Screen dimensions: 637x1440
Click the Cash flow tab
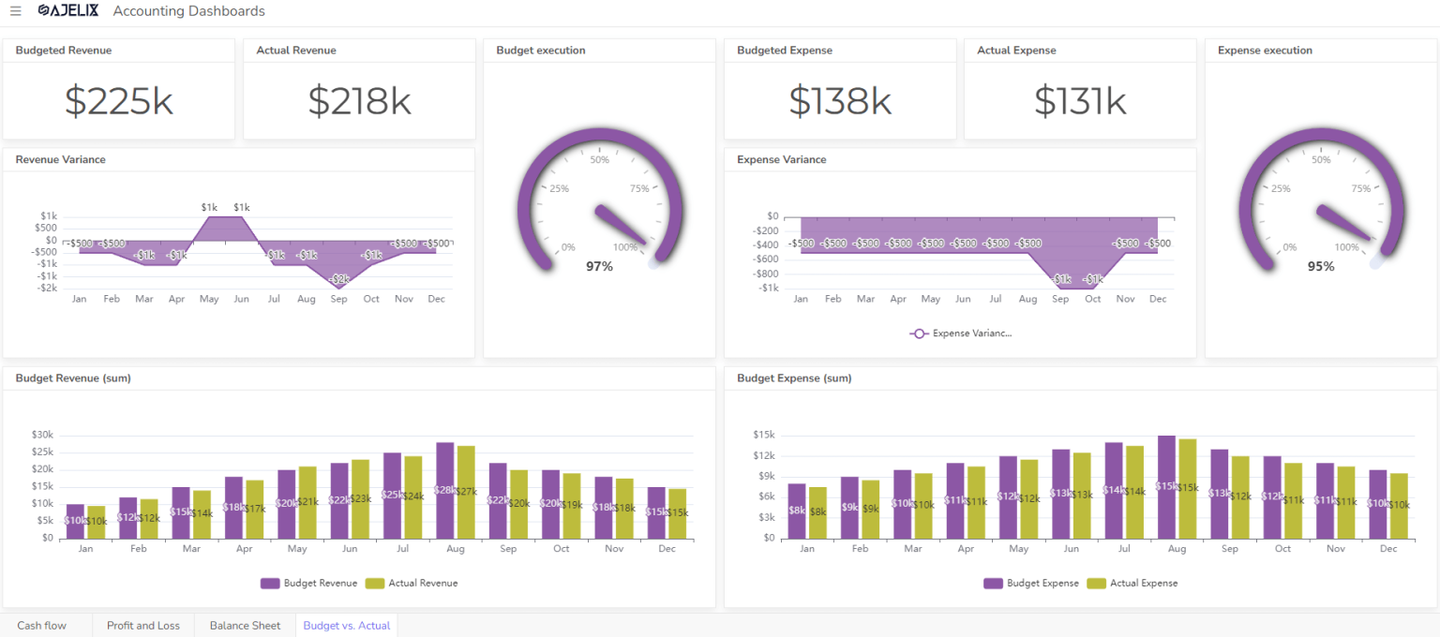click(42, 625)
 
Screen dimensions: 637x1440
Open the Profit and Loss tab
click(143, 625)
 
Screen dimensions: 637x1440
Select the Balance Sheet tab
click(245, 625)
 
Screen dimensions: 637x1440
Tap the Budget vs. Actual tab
click(346, 625)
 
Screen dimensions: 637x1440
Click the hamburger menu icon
click(16, 11)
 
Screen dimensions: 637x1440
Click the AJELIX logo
click(67, 11)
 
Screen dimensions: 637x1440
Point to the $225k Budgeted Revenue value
click(118, 101)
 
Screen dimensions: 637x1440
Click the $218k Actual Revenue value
click(359, 101)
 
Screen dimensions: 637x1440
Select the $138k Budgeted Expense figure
click(839, 101)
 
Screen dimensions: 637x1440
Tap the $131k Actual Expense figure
click(1079, 101)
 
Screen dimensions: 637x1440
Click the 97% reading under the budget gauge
click(599, 267)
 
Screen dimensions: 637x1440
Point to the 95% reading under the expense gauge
click(1321, 267)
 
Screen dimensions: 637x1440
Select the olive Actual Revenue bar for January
click(96, 522)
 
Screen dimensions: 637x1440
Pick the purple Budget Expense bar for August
click(1166, 487)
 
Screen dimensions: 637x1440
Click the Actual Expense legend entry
click(1132, 583)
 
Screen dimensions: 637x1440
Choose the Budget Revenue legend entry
click(309, 583)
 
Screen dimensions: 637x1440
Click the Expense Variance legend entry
click(962, 333)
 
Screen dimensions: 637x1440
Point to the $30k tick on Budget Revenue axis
click(43, 435)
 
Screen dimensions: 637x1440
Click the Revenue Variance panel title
click(60, 159)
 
